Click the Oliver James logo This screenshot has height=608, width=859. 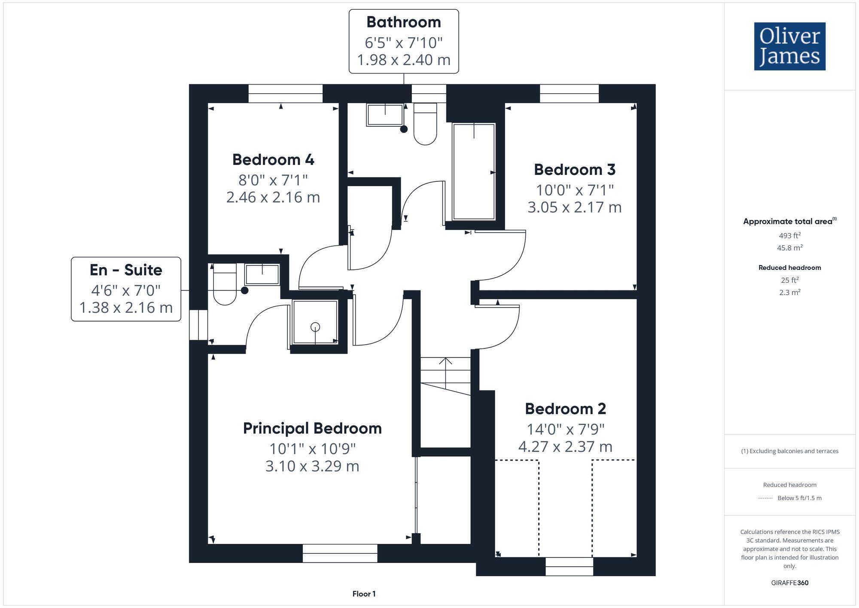point(789,46)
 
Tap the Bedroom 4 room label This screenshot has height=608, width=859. point(273,159)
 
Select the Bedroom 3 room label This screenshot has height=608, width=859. point(574,169)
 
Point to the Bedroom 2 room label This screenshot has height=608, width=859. point(565,409)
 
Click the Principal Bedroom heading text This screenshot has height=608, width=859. point(312,428)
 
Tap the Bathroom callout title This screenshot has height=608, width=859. point(403,22)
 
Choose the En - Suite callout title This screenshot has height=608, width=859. point(126,270)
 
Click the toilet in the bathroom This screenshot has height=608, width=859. point(425,125)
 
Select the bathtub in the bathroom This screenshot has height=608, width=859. point(474,172)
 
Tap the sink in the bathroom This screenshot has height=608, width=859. point(385,114)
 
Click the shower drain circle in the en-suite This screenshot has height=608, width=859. point(315,327)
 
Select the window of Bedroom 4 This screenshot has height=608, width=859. point(285,93)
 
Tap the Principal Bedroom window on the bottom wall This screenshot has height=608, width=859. point(340,553)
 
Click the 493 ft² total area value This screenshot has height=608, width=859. point(789,235)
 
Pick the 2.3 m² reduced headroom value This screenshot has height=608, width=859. point(789,292)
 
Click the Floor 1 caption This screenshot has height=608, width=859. point(364,594)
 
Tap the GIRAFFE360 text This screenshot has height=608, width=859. point(789,583)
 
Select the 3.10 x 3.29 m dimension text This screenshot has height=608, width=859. point(312,466)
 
